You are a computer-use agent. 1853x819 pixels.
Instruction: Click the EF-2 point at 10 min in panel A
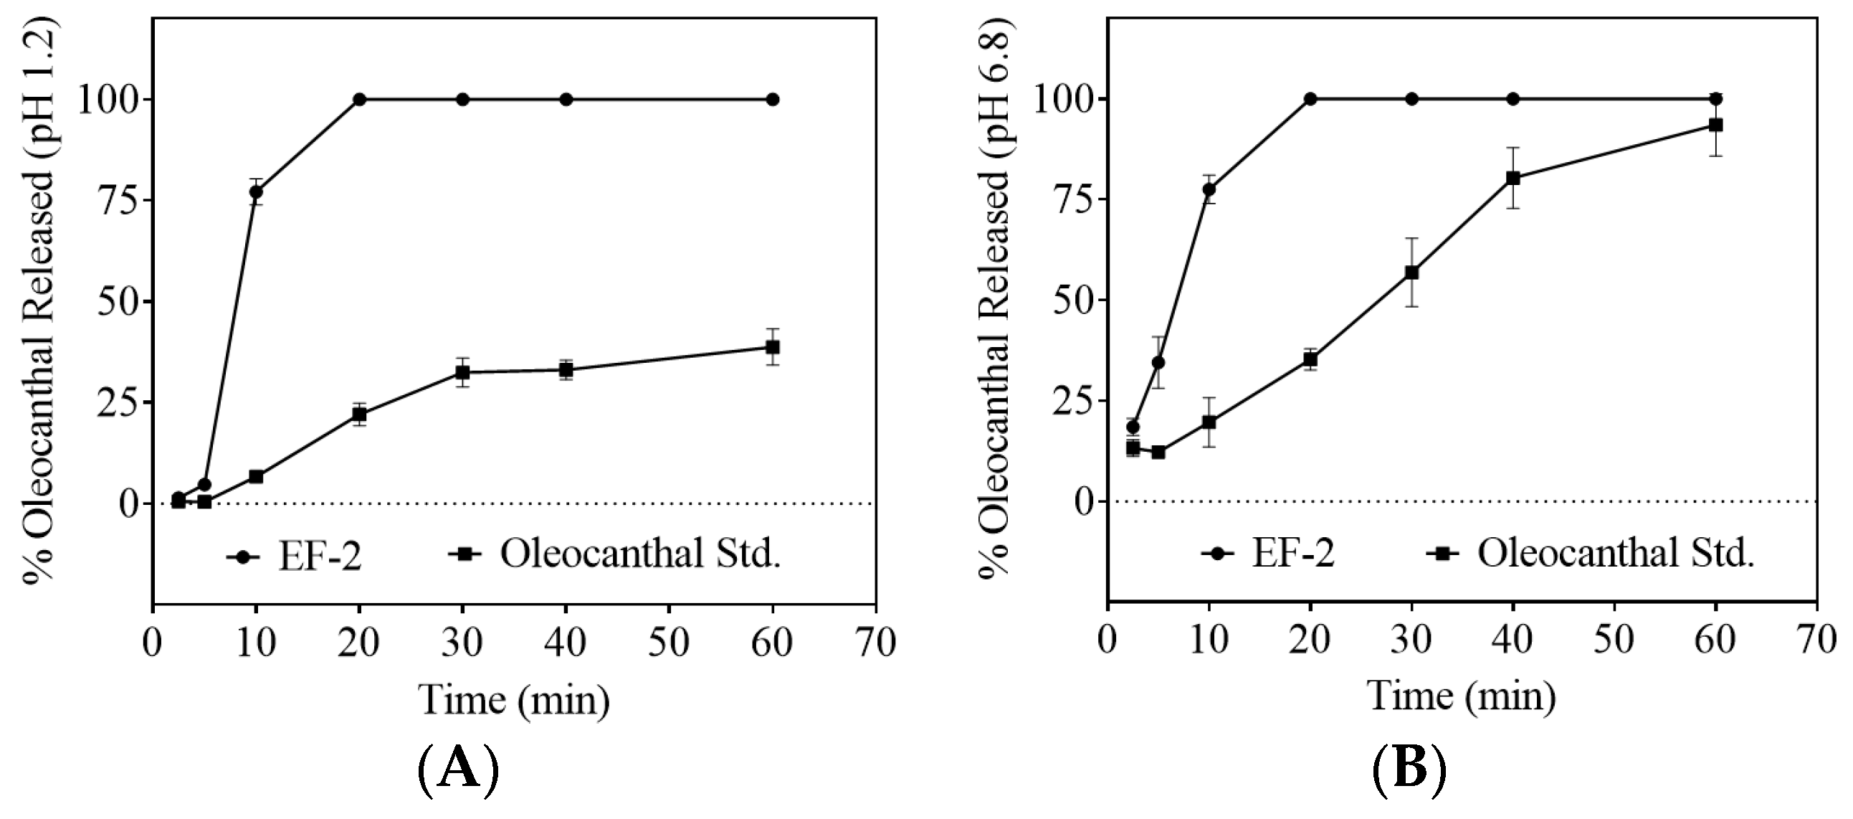(x=256, y=191)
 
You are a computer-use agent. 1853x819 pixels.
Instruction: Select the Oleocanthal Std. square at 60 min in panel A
(x=773, y=347)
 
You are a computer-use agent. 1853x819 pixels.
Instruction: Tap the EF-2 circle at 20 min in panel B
(x=1310, y=98)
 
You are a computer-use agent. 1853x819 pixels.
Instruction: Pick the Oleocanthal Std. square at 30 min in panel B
(x=1411, y=273)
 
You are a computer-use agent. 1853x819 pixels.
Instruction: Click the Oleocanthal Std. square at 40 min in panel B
(x=1513, y=178)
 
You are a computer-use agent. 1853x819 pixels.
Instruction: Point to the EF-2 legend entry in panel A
(x=294, y=557)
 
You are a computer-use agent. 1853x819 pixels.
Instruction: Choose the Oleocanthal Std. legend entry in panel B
(x=1588, y=554)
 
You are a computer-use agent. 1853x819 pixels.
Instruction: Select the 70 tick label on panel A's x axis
(x=875, y=642)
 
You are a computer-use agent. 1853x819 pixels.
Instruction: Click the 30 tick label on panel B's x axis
(x=1411, y=639)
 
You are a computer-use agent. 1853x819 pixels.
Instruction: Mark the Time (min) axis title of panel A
(x=514, y=699)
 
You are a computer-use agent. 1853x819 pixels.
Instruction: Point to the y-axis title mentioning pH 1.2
(x=39, y=302)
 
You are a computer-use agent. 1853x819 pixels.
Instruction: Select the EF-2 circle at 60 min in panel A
(x=773, y=99)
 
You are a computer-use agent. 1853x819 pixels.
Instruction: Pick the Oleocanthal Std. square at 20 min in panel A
(x=359, y=414)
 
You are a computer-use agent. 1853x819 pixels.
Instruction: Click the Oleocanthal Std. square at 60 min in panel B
(x=1715, y=126)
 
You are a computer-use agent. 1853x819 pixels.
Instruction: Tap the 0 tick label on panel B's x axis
(x=1107, y=639)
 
